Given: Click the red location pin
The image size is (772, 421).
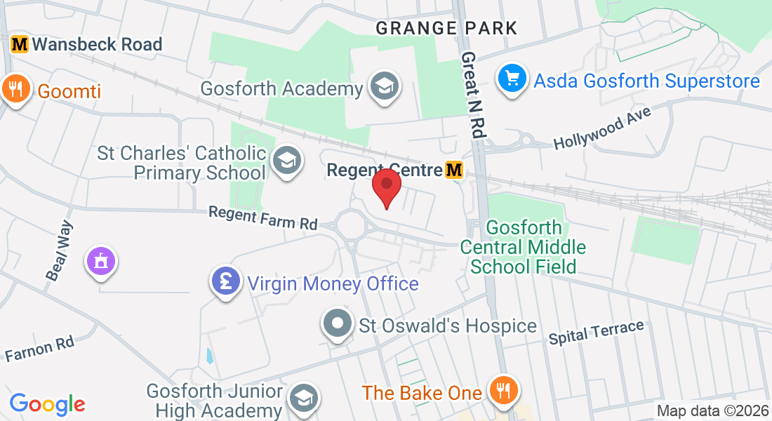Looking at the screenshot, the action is (386, 187).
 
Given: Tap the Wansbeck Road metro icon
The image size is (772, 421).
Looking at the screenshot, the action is (20, 44).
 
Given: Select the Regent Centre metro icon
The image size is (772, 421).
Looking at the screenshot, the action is (454, 170).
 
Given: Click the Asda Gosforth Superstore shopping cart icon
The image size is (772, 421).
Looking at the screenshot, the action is (512, 79).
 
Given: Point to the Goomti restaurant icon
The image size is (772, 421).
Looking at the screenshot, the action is (15, 89).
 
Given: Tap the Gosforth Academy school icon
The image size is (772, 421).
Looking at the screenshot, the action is (384, 88).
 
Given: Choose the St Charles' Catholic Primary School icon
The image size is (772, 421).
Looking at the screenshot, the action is (286, 161).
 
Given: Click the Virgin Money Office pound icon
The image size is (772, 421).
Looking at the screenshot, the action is (225, 282).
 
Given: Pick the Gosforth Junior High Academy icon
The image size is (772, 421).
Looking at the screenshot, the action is (304, 398).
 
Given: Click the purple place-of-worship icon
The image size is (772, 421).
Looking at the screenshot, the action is (102, 262).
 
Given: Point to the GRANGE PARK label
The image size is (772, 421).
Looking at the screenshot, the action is (446, 28).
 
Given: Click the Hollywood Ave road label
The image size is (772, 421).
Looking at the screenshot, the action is (603, 128).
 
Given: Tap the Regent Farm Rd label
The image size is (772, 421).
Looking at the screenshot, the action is (262, 217).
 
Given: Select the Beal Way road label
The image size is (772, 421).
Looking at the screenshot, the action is (60, 252).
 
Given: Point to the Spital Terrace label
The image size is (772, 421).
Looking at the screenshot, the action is (596, 332).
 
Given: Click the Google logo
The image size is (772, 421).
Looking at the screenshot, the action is (47, 403).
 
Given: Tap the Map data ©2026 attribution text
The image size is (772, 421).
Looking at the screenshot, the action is (713, 410).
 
